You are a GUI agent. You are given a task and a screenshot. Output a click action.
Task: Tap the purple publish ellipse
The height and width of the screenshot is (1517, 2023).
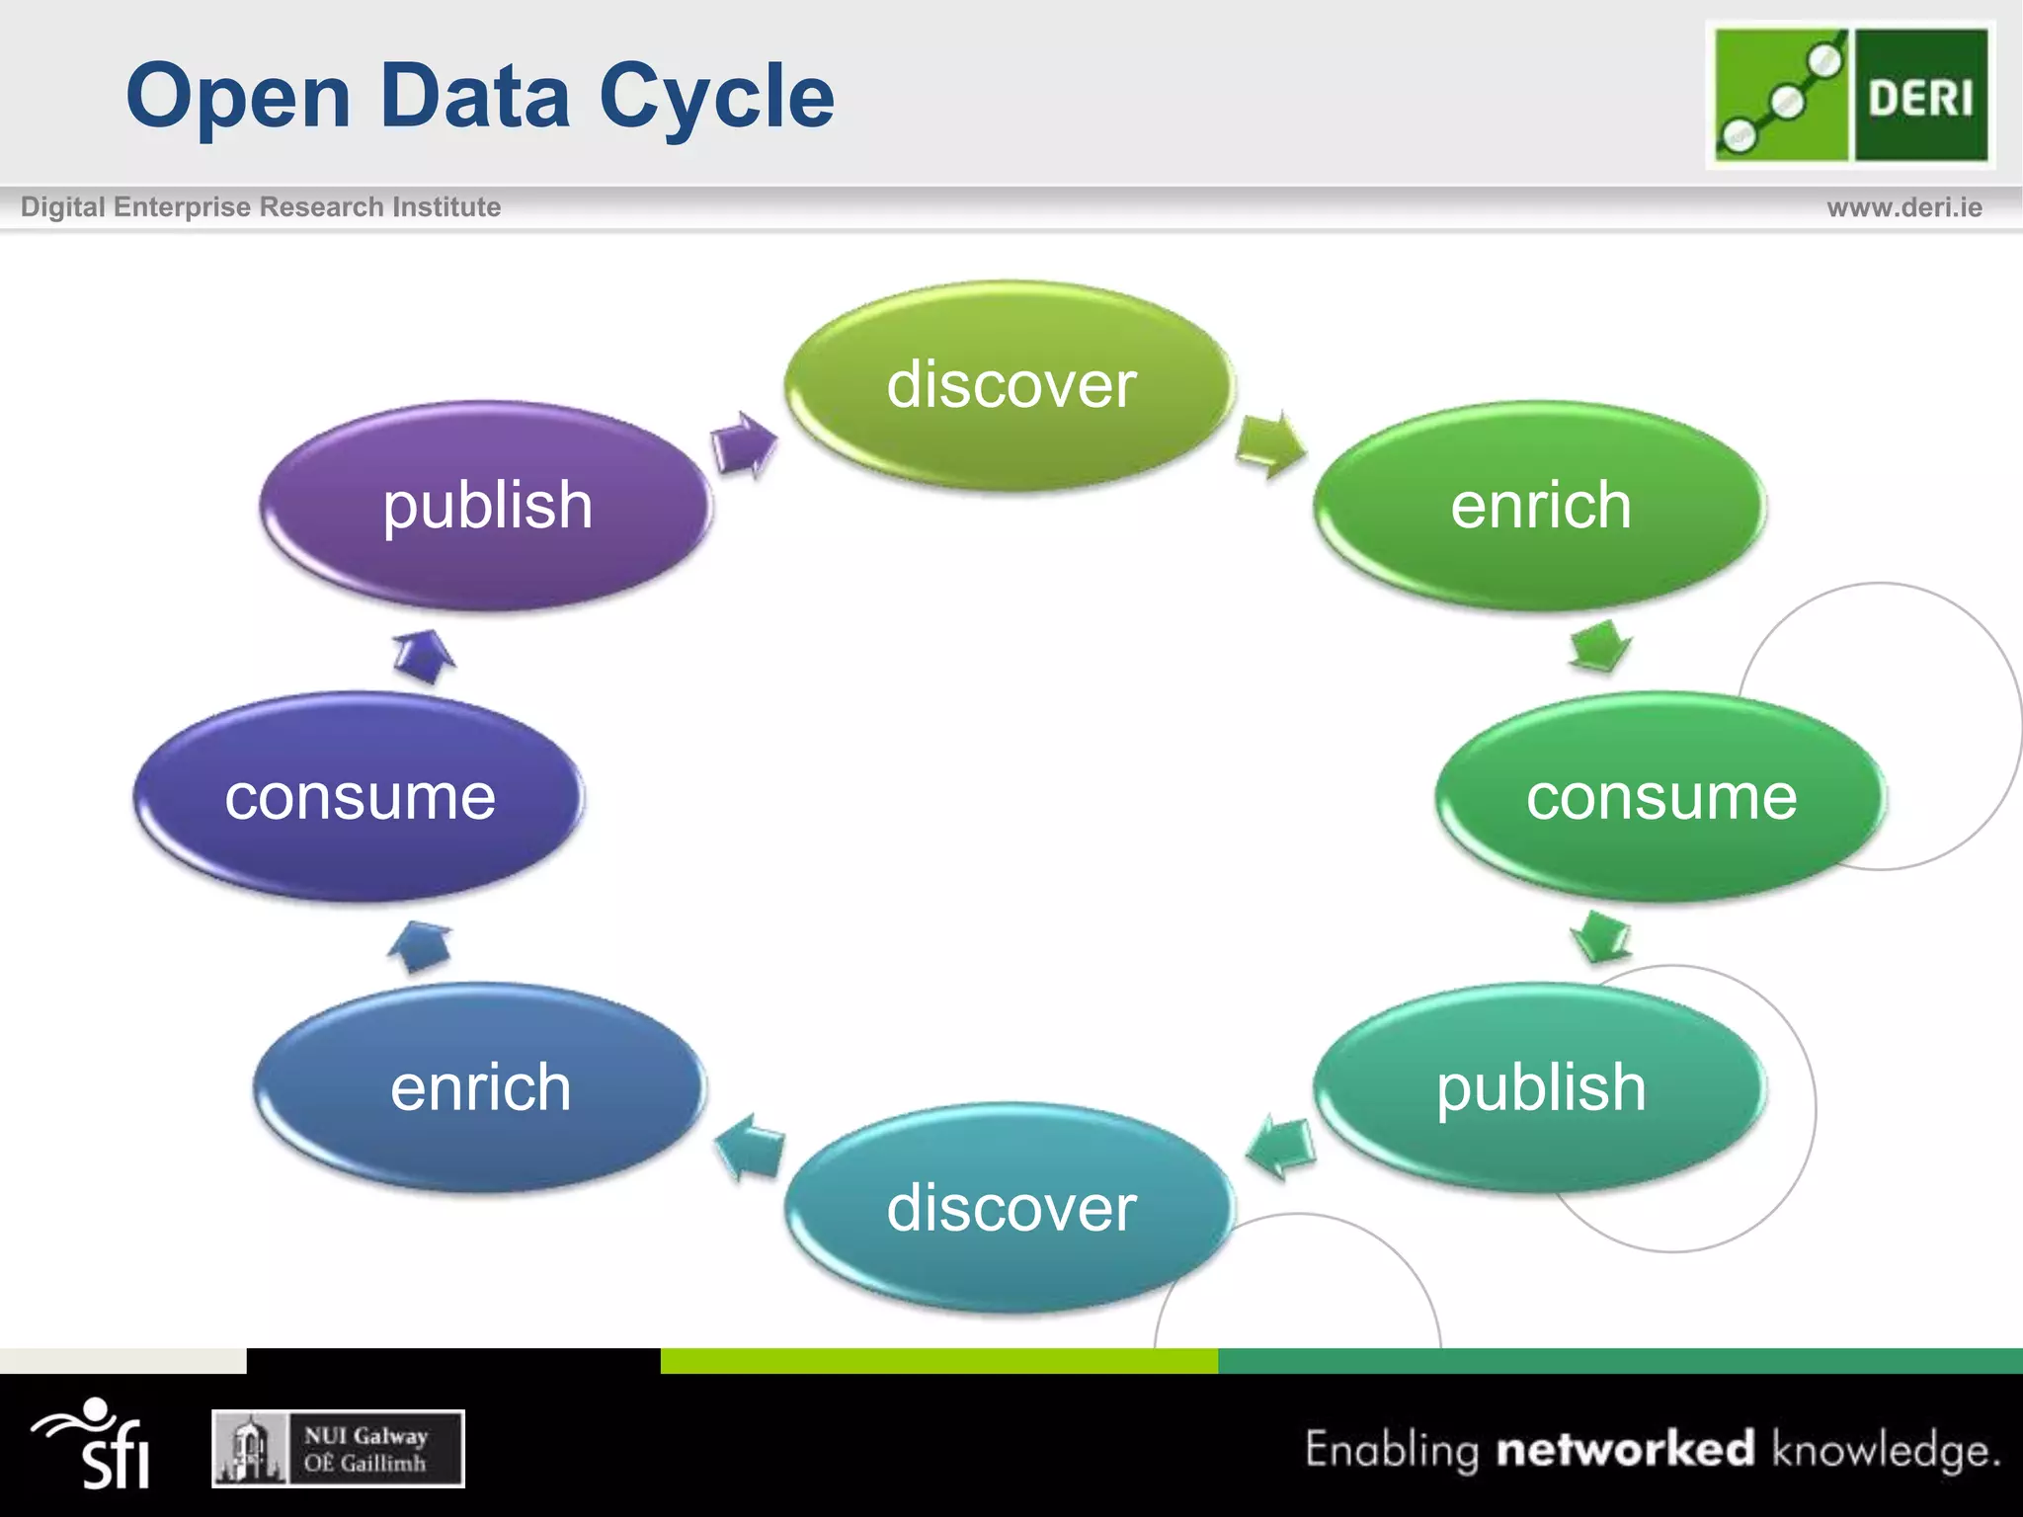[486, 505]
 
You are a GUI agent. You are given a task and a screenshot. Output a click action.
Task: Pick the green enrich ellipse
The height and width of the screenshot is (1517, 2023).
[1539, 505]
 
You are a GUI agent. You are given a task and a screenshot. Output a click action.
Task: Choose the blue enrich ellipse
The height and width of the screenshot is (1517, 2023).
[480, 1086]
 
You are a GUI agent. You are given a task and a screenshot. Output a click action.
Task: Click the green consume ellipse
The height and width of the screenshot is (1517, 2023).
[1659, 796]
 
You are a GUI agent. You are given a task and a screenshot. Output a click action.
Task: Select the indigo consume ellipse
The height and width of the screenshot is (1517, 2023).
[359, 796]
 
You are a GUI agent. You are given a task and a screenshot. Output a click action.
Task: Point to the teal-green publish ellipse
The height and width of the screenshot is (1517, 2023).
[1539, 1086]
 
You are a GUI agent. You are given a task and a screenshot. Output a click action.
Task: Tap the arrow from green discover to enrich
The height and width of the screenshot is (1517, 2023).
[1270, 444]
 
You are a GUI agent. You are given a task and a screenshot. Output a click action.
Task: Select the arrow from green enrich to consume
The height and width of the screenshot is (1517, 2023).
[1600, 646]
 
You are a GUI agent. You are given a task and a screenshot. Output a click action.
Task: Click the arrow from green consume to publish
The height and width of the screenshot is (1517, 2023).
[1600, 935]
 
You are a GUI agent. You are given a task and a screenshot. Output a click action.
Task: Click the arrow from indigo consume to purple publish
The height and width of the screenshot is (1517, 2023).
[425, 656]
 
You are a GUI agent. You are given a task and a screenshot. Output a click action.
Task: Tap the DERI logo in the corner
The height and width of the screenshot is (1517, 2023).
[1850, 95]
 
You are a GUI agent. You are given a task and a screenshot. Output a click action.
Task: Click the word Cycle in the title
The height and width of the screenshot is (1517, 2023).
[716, 96]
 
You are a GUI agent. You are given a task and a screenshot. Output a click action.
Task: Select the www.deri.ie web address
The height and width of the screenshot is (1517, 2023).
[1903, 207]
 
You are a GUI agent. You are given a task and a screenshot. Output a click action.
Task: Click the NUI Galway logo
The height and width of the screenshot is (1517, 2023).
[338, 1449]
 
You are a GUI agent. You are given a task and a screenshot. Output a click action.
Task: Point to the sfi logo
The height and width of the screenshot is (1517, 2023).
[94, 1444]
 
